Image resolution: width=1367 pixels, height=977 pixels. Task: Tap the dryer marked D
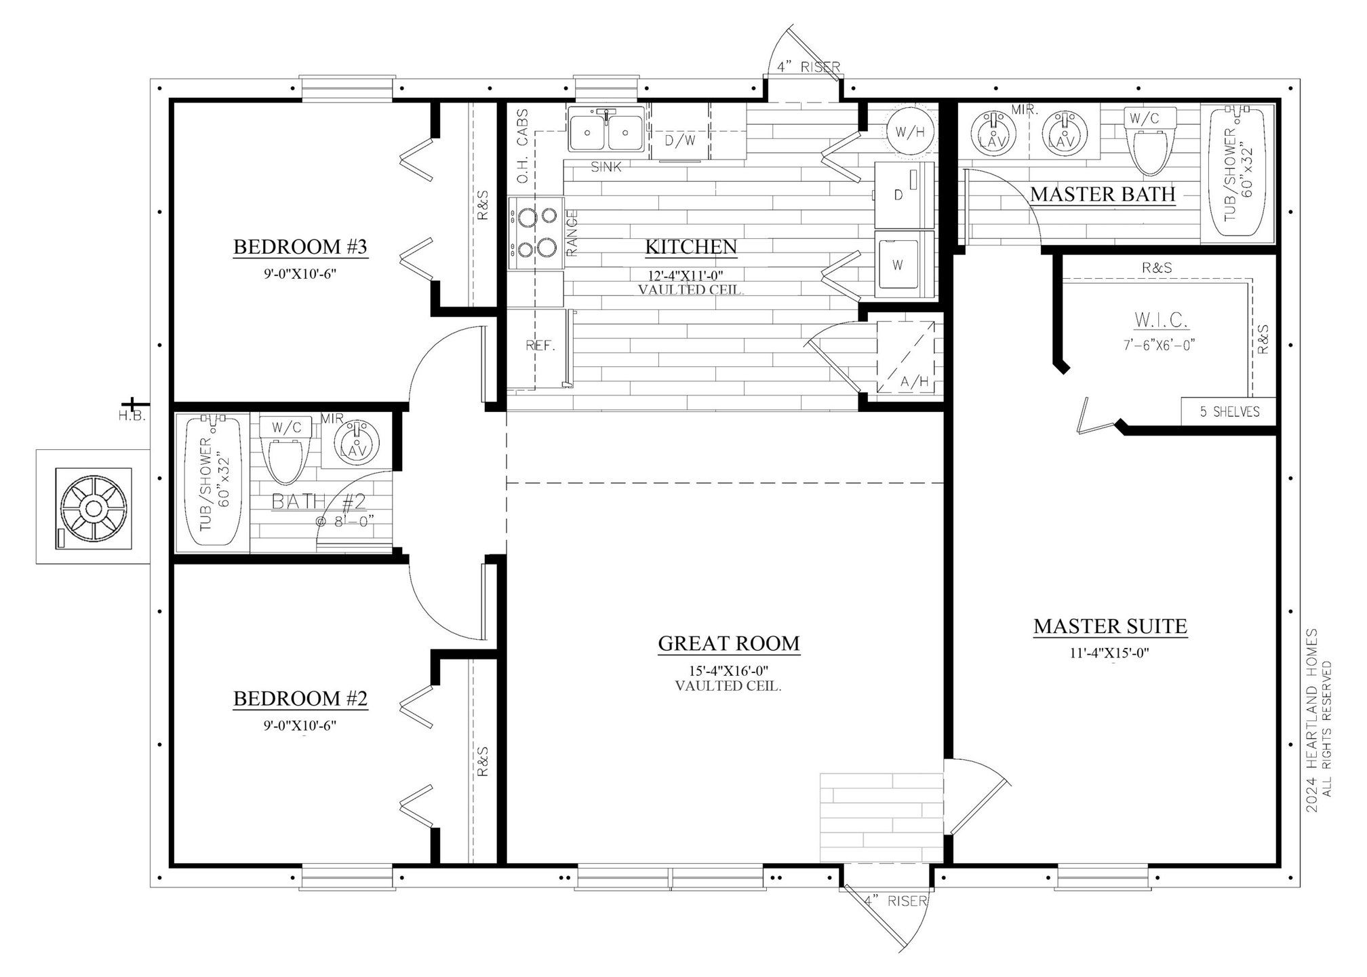pyautogui.click(x=904, y=195)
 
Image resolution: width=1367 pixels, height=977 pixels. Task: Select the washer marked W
pyautogui.click(x=904, y=265)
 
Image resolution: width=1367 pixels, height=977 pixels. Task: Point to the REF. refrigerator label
pyautogui.click(x=540, y=345)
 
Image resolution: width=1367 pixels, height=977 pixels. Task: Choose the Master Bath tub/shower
pyautogui.click(x=1238, y=173)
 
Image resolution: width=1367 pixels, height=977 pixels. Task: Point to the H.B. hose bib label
pyautogui.click(x=132, y=416)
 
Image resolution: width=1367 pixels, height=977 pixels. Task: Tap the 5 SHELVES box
pyautogui.click(x=1229, y=411)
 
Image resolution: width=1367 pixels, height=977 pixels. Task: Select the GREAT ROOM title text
pyautogui.click(x=729, y=643)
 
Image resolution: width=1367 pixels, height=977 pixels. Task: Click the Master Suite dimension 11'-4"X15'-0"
pyautogui.click(x=1110, y=654)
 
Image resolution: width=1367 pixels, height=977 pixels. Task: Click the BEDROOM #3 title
pyautogui.click(x=300, y=246)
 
